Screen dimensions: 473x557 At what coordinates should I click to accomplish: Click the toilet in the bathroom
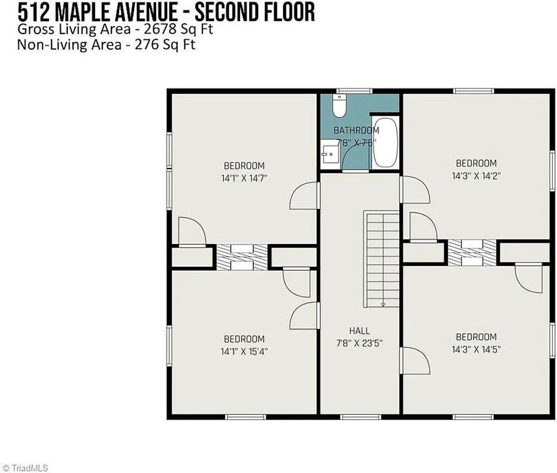tap(340, 106)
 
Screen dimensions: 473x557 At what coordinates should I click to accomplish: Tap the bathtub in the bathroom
tap(385, 143)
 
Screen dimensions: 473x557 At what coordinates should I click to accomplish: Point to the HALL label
tap(359, 331)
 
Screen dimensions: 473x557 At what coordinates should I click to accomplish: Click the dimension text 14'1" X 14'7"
tap(244, 178)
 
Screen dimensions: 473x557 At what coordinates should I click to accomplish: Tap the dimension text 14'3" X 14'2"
tap(476, 175)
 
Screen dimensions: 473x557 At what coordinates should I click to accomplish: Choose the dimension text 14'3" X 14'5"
tap(476, 349)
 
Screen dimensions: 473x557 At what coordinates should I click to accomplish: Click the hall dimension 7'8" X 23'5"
tap(359, 343)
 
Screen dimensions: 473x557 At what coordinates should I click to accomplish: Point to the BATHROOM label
tap(356, 131)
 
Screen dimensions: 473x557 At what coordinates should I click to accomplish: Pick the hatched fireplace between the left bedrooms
tap(242, 257)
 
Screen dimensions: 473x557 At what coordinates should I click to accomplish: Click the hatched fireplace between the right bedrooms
tap(472, 252)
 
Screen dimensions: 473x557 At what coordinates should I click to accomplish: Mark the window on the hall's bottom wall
tap(359, 417)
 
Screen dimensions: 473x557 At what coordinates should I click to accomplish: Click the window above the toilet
tap(354, 91)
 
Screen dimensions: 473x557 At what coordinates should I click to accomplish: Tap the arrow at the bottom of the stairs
tap(383, 304)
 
